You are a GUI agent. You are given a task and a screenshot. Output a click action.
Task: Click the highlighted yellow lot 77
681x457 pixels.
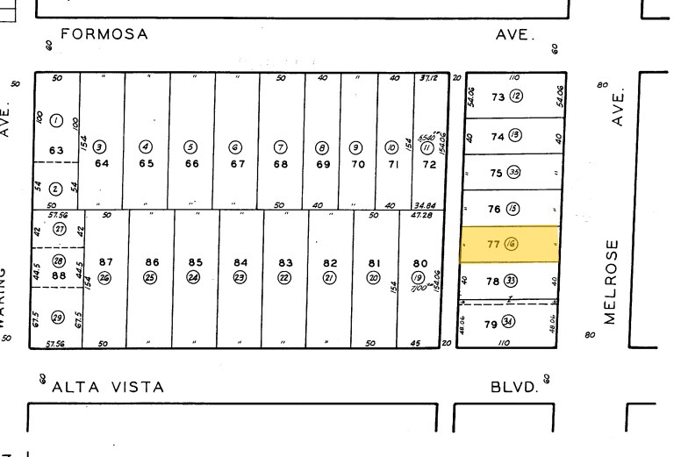point(510,244)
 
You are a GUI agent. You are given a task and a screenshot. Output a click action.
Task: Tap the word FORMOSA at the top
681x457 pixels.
point(104,35)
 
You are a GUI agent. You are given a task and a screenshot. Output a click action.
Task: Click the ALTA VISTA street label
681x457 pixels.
point(108,387)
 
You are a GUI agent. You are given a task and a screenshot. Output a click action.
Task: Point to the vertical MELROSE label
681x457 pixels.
point(612,280)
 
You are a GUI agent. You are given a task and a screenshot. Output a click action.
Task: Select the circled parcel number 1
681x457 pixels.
point(57,120)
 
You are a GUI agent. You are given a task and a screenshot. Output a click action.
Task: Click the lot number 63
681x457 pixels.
point(56,150)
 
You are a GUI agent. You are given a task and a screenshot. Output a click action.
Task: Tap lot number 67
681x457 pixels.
point(237,164)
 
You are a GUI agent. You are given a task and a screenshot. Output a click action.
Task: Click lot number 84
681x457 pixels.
point(240,262)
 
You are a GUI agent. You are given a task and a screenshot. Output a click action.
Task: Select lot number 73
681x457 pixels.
point(498,97)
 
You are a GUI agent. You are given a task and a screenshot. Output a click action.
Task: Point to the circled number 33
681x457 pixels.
point(511,282)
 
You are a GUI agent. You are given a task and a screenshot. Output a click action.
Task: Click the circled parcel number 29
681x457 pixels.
point(59,317)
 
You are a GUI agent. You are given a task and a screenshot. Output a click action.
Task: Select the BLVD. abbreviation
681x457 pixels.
point(513,387)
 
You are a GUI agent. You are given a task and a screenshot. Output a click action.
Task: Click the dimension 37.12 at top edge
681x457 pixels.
point(429,78)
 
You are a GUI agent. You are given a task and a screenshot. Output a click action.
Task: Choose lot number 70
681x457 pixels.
point(357,164)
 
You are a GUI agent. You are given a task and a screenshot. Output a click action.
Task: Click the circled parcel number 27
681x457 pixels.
point(60,228)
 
